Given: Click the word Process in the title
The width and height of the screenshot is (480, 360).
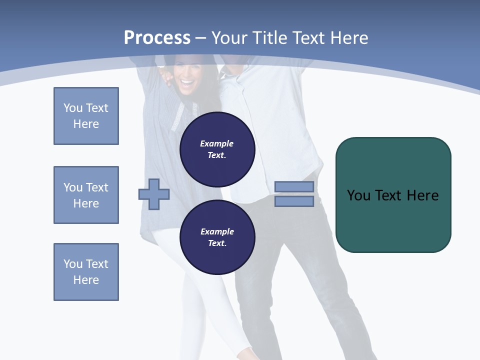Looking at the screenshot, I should [x=157, y=38].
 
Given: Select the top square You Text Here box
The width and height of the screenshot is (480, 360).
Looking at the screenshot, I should [x=86, y=116].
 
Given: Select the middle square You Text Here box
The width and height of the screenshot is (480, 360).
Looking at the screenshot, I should [x=86, y=195].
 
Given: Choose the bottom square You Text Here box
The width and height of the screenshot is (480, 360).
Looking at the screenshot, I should [x=86, y=272].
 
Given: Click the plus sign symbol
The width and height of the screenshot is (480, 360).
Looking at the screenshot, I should [x=154, y=194].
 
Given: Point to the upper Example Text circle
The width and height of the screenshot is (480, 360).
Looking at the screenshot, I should [x=217, y=149].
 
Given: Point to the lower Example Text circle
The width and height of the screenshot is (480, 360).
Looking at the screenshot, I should [x=217, y=237].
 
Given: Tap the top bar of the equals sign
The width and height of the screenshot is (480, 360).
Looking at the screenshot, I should [x=294, y=187].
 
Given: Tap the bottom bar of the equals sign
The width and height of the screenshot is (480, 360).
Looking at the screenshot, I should [x=294, y=201].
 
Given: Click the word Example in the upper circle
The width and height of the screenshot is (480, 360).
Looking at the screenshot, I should [x=217, y=143].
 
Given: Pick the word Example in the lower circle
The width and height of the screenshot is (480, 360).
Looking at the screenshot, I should [x=217, y=231].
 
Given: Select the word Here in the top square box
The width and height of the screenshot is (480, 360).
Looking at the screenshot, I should [x=86, y=124].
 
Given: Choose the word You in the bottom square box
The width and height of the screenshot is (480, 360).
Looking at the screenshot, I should [x=73, y=264].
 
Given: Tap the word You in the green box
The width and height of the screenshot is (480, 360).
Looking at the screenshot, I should [x=358, y=195].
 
